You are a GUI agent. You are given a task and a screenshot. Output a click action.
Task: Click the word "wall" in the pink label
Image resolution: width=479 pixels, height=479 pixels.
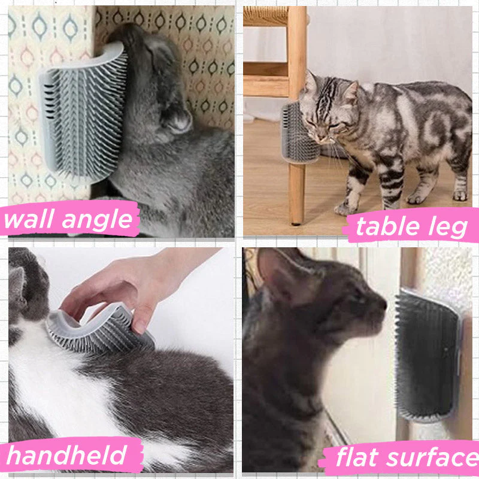(x=29, y=219)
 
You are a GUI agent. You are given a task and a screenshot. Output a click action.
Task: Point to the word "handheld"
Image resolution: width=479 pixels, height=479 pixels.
(x=66, y=455)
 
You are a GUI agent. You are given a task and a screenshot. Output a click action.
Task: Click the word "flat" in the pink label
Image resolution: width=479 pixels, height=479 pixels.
(x=357, y=457)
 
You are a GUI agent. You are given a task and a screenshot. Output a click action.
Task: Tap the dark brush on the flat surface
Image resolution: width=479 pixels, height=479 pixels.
(x=428, y=356)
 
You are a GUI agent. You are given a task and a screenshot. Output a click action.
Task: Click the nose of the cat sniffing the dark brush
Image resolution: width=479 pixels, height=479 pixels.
(x=382, y=305)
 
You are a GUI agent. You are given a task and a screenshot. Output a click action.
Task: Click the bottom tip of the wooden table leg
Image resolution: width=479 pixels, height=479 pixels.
(x=296, y=224)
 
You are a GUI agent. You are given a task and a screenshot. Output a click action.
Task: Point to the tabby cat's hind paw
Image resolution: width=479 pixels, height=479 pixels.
(x=459, y=196)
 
